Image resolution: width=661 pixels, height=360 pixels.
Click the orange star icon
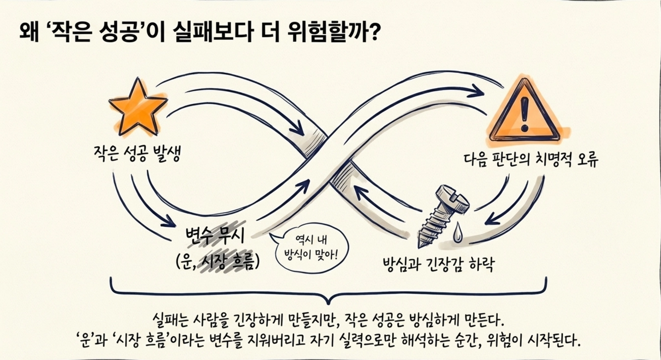tap(138, 108)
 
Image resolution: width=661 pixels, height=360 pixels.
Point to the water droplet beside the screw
tap(457, 232)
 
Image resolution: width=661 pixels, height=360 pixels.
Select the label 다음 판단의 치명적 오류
tap(531, 159)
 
